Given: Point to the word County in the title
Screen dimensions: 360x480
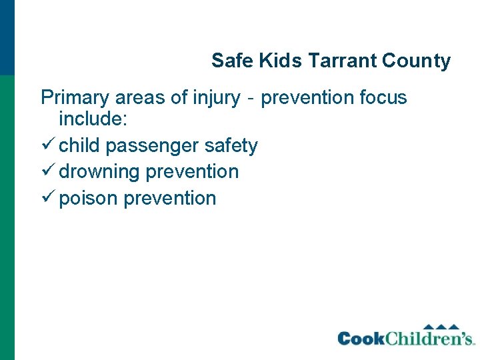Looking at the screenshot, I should pos(417,61).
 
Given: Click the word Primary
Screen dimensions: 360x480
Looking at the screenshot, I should pos(75,98).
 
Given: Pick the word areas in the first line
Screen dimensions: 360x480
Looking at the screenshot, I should pos(141,98).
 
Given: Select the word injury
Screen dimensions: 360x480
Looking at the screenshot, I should pos(215,98).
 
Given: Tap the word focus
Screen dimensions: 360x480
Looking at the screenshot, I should pos(383,98).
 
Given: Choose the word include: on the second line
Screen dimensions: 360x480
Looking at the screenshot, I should pos(89,121).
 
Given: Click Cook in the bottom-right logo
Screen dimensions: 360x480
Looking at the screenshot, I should pos(361,339).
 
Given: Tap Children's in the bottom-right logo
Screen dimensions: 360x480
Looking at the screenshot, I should pos(430,338).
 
